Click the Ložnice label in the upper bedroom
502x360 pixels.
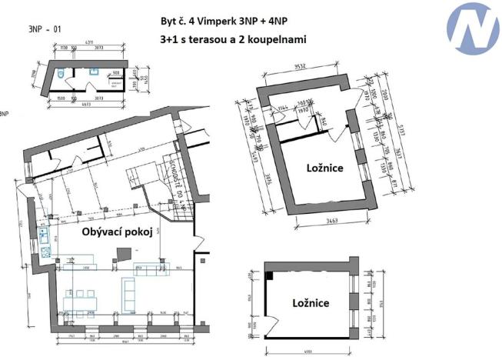(323, 167)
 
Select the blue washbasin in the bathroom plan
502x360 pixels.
(91, 71)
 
